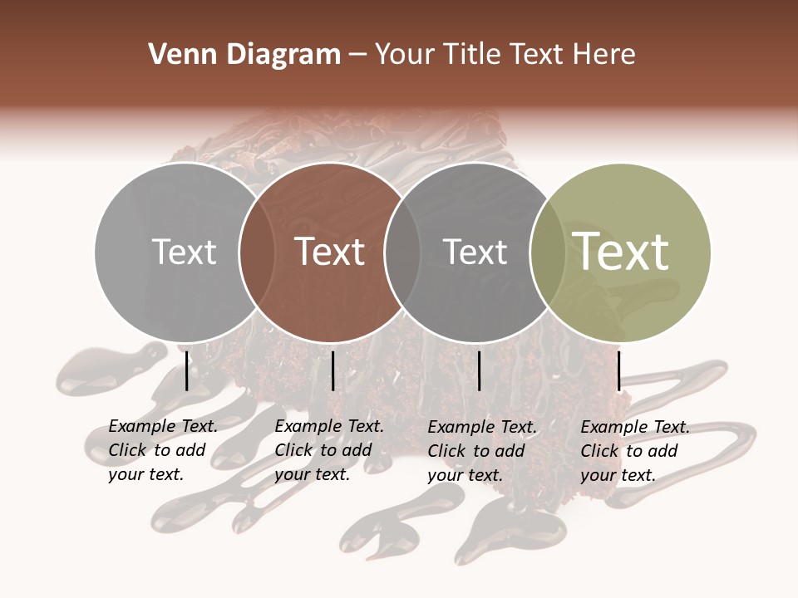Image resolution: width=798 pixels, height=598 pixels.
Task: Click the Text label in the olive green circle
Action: (x=621, y=252)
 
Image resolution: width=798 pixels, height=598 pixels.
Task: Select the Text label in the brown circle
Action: (x=330, y=252)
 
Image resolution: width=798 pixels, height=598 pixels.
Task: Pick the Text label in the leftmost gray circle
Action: (x=184, y=252)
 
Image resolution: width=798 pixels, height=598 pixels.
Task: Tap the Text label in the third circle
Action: (x=475, y=252)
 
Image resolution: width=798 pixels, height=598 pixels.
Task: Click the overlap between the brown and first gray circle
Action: (x=256, y=252)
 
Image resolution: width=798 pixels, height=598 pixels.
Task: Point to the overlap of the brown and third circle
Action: (x=401, y=252)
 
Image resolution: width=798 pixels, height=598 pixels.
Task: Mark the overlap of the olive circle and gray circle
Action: (x=547, y=252)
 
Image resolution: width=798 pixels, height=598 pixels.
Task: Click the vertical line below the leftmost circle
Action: (x=186, y=370)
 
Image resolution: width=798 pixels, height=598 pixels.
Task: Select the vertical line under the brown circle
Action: (x=332, y=370)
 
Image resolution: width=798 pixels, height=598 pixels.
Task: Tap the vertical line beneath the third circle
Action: (x=479, y=370)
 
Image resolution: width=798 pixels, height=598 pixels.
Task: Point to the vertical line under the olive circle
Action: (x=618, y=370)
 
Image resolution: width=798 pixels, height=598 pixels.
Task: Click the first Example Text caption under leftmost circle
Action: (x=162, y=450)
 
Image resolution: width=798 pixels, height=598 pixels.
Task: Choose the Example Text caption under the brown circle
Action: (x=328, y=450)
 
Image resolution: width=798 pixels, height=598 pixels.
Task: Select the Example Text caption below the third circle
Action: (x=481, y=451)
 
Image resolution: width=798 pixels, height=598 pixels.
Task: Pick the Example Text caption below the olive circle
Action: (x=634, y=451)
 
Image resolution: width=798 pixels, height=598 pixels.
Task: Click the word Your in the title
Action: (x=405, y=55)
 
